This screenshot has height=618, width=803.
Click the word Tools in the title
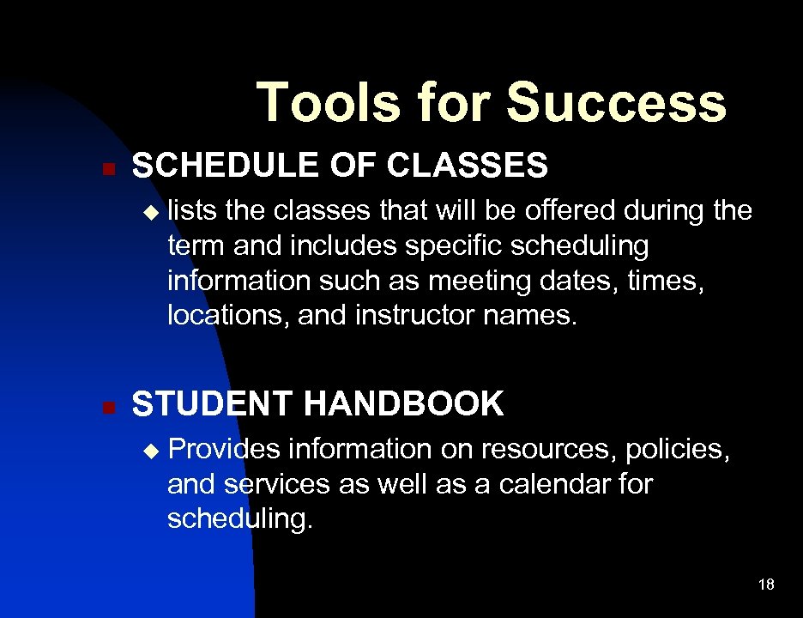click(x=329, y=102)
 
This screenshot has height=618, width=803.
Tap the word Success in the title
click(x=616, y=102)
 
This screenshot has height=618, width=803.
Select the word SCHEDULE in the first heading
click(x=226, y=166)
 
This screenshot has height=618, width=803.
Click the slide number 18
click(x=766, y=585)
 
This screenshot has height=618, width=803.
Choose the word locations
click(x=228, y=316)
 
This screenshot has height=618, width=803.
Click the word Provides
click(x=224, y=449)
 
